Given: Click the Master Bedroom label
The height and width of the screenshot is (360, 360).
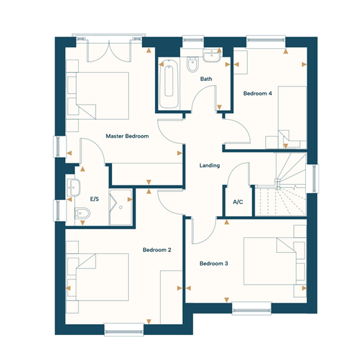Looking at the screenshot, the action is tap(127, 136).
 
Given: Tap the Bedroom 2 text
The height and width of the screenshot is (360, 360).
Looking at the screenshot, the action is tap(157, 250).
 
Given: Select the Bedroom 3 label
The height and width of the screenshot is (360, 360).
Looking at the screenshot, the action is tap(214, 264).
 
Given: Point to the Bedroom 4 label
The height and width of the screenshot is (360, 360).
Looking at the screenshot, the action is tap(258, 93).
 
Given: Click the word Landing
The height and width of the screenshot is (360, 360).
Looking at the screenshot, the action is tap(210, 165).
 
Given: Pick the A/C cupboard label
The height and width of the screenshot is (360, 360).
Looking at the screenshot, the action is tap(238, 202).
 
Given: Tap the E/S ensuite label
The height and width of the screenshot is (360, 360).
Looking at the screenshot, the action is tap(94, 199).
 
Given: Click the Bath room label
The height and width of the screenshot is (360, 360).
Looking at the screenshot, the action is tap(206, 79).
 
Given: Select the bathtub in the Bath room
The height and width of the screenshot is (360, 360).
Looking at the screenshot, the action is tap(169, 84).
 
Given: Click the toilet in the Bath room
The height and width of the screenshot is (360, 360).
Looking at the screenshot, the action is tap(192, 64).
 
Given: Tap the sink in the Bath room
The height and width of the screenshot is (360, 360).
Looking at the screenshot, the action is tap(212, 55).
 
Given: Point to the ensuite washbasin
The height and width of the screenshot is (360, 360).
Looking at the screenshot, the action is tap(73, 188).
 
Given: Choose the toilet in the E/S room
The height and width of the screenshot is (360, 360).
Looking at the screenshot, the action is tap(82, 214).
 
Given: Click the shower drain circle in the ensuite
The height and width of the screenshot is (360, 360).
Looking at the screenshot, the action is tap(120, 208).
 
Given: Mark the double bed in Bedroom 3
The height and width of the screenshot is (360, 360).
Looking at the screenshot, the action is tap(270, 261).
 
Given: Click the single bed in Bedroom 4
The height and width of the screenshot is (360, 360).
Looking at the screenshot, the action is tap(292, 117).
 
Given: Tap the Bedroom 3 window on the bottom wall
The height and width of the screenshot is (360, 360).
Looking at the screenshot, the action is tap(251, 308).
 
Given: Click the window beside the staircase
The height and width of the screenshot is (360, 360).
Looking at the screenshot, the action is tap(312, 179).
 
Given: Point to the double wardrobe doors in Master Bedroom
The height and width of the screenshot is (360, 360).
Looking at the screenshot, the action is tap(109, 51).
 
